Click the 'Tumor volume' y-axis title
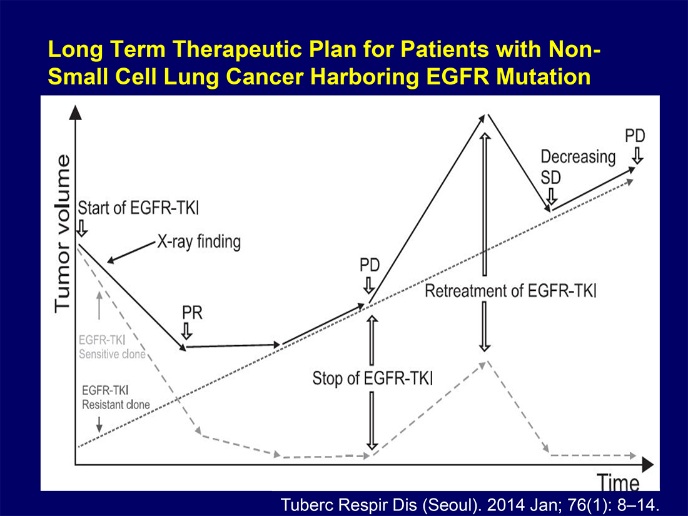(63, 234)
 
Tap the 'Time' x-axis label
(619, 483)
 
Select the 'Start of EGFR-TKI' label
(138, 208)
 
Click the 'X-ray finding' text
(199, 242)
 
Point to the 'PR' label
(192, 313)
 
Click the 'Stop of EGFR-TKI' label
(373, 378)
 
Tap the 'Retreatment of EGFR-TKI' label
(510, 291)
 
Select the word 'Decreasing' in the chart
(578, 157)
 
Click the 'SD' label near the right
(550, 178)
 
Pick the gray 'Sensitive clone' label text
(112, 355)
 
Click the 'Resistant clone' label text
(116, 405)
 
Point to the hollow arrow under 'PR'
(186, 331)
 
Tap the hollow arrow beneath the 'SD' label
(551, 196)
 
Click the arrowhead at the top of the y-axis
(76, 113)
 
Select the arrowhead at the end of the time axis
(647, 464)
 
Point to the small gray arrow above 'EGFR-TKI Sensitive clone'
(99, 305)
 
